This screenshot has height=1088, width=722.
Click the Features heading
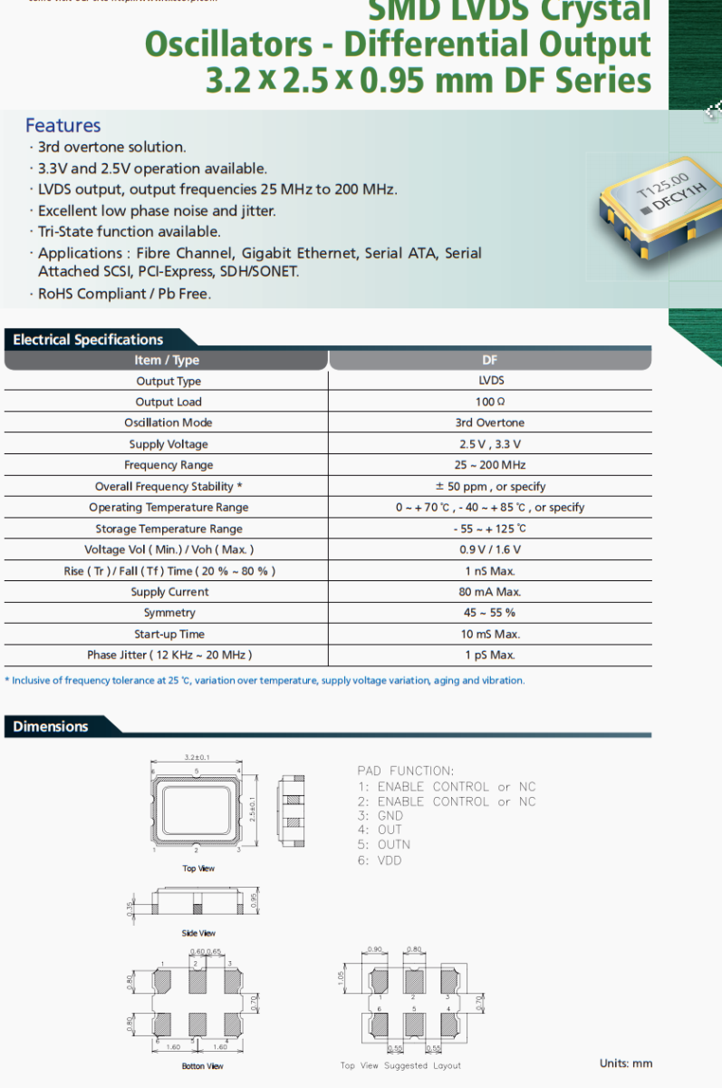coord(63,125)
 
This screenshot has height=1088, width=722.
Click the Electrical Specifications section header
coord(88,340)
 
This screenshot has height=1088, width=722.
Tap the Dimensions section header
coord(51,726)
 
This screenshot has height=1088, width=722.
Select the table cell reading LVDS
coord(490,381)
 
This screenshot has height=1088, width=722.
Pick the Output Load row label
coord(168,402)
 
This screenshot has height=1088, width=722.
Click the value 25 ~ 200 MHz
coord(490,465)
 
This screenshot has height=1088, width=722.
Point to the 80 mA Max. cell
coord(490,592)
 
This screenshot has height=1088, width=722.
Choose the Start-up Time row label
coord(168,634)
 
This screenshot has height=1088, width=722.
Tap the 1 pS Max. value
coord(490,655)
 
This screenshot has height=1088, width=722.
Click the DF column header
coord(490,360)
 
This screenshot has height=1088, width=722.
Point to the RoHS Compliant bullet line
coord(124,294)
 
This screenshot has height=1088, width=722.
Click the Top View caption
coord(198,869)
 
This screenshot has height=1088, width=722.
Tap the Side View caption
coord(198,933)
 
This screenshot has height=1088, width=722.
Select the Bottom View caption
coord(202,1066)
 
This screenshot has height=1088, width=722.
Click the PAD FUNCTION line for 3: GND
coord(380,816)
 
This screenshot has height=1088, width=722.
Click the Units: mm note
coord(625,1064)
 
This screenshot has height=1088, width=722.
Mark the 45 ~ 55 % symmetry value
coord(490,613)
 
